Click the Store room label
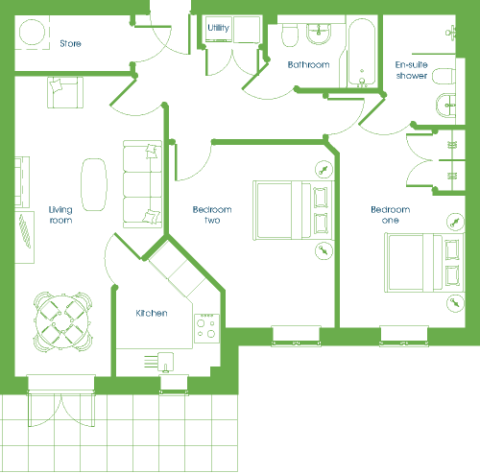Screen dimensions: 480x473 70,43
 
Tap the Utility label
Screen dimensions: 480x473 218,28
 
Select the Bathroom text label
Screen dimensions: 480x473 308,64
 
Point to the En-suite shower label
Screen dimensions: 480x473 412,70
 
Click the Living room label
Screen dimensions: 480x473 60,215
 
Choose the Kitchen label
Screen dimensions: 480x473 152,313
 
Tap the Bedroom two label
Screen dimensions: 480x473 212,215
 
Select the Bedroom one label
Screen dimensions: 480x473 391,215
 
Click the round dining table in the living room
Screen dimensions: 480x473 63,321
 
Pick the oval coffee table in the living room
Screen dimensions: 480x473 94,184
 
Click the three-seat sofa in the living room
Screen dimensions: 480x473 142,184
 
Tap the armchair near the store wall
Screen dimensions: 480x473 65,92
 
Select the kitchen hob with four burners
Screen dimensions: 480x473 206,328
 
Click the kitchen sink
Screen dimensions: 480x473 166,363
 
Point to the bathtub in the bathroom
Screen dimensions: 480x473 362,53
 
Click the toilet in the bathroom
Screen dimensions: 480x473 290,35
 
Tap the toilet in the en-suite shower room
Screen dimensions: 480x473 444,76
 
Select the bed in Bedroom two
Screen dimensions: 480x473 294,210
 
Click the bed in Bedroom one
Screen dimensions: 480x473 424,263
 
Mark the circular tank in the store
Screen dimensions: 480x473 32,32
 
